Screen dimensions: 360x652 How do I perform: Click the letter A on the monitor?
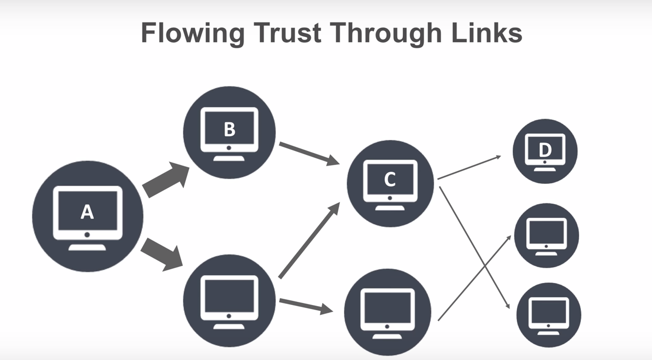(x=87, y=212)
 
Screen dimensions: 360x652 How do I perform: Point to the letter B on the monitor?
(x=229, y=129)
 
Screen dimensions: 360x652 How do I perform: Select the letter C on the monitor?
(x=390, y=180)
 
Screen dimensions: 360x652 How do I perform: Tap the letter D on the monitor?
(x=545, y=150)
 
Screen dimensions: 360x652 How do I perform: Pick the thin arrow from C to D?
(x=469, y=167)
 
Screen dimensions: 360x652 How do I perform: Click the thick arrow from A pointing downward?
(x=162, y=254)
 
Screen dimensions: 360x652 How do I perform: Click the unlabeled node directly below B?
(x=229, y=300)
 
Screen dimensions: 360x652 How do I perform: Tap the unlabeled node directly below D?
(x=546, y=235)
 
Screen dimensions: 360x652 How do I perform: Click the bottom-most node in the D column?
(x=548, y=314)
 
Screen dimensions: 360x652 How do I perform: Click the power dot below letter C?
(x=390, y=198)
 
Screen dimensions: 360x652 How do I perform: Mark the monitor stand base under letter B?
(x=229, y=158)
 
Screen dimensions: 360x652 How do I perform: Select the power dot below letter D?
(x=545, y=162)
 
